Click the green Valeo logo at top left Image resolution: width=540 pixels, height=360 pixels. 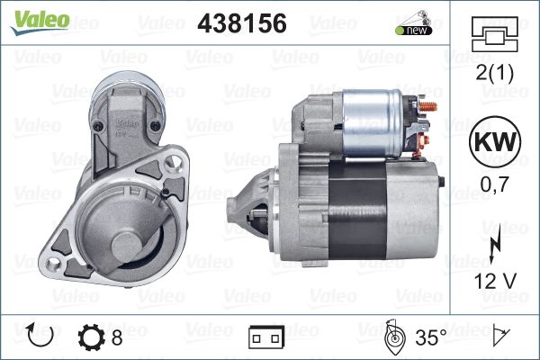pyautogui.click(x=40, y=22)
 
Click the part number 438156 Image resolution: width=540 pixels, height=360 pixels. pyautogui.click(x=242, y=23)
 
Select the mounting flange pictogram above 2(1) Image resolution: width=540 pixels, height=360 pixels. pyautogui.click(x=494, y=34)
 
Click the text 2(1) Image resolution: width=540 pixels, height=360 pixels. pyautogui.click(x=494, y=73)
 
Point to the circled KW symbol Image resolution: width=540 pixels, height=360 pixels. pyautogui.click(x=495, y=141)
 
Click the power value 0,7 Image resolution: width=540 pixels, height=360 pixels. pyautogui.click(x=494, y=184)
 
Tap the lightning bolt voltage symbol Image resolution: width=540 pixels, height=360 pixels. pyautogui.click(x=494, y=246)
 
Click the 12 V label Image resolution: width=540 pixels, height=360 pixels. pyautogui.click(x=495, y=281)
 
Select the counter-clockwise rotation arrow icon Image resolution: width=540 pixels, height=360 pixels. pyautogui.click(x=40, y=335)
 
